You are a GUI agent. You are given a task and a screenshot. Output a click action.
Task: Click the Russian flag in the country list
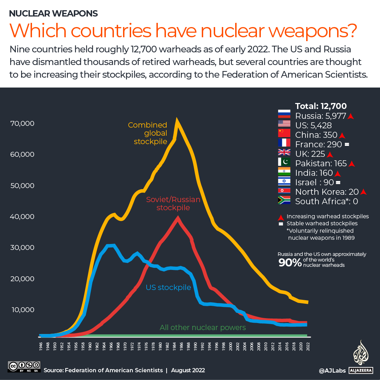coord(284,114)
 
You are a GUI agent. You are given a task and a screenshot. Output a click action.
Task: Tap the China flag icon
coord(284,133)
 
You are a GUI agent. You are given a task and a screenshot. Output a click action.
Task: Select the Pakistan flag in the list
coord(284,162)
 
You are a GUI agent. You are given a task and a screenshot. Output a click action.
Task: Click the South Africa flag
coord(284,200)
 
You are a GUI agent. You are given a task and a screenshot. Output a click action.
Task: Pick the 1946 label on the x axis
coord(41,346)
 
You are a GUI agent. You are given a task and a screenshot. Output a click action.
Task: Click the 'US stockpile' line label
coord(168,288)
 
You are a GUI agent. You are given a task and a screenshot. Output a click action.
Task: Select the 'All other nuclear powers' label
coord(202,328)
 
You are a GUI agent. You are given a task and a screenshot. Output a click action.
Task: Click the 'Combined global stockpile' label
coord(148,133)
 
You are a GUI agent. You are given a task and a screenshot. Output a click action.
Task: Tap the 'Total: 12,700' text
coord(321,106)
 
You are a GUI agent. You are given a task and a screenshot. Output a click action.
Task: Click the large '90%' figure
coord(290,263)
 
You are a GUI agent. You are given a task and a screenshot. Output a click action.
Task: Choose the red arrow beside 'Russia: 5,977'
coord(350,116)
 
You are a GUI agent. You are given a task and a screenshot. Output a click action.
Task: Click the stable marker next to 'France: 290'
coord(347,145)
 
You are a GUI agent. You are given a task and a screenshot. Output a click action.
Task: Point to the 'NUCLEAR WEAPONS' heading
coord(53,14)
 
